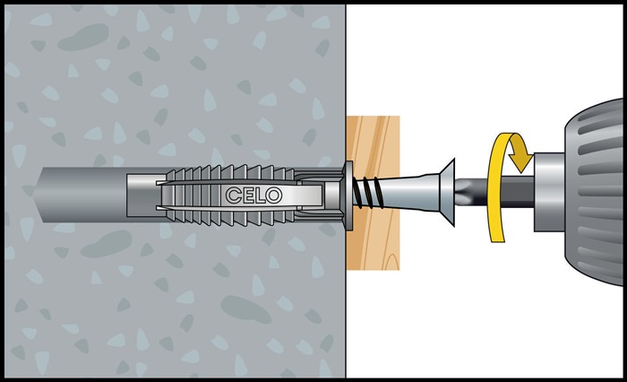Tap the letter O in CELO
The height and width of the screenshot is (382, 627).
click(274, 195)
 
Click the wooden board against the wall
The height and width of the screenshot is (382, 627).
click(374, 193)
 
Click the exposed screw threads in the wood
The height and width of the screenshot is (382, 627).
click(367, 193)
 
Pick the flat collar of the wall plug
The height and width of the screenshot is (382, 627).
click(348, 195)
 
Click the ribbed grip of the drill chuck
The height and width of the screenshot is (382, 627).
click(596, 192)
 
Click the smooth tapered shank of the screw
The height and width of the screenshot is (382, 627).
click(412, 193)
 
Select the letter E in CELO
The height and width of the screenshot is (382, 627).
click(246, 195)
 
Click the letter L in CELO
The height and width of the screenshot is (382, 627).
click(259, 195)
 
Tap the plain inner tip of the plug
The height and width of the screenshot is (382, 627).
click(144, 195)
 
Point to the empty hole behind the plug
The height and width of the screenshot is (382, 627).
click(80, 195)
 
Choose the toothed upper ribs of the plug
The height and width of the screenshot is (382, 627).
click(230, 172)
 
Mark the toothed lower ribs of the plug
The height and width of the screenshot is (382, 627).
click(230, 217)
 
